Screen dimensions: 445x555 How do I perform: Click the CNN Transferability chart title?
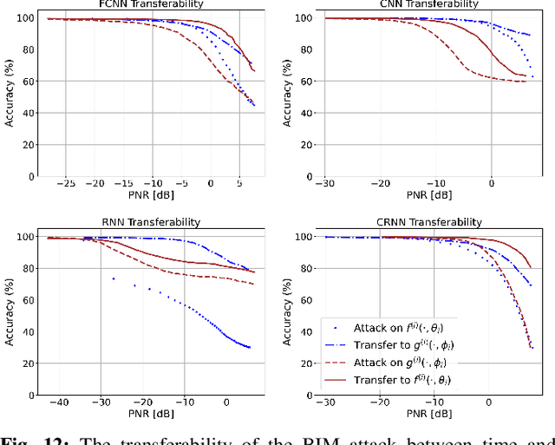[x=428, y=4]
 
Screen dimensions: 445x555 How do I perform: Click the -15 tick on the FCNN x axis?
[x=123, y=184]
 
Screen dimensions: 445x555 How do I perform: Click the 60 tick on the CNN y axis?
[x=301, y=81]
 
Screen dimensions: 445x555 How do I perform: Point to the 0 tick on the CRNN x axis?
[x=490, y=402]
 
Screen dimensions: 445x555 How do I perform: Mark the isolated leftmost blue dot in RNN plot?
[x=113, y=278]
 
